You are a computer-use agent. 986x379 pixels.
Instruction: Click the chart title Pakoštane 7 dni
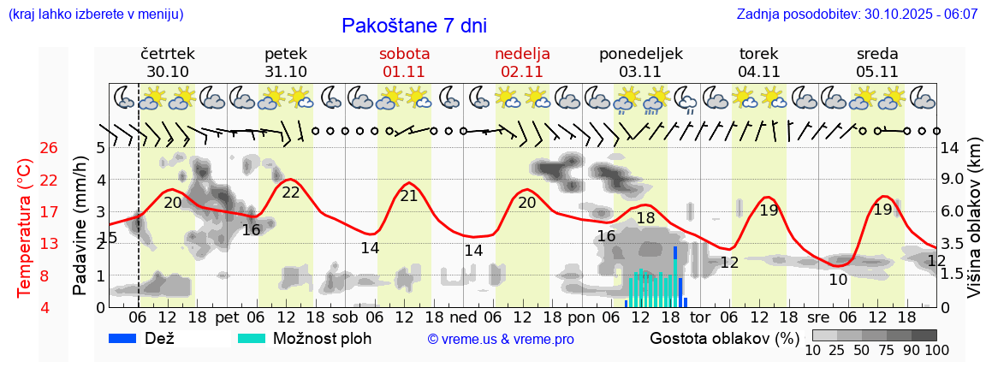413,26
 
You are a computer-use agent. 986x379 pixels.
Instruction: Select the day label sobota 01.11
404,62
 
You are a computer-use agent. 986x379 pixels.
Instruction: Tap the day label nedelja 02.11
522,62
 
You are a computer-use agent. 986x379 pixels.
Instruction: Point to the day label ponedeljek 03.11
641,62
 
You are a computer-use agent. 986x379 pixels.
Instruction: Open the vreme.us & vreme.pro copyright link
501,340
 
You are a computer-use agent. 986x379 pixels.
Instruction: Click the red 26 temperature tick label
26,148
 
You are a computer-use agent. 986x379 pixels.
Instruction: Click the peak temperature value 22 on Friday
291,192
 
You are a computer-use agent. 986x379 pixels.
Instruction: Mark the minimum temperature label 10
838,280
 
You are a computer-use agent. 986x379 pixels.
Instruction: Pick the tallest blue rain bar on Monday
675,275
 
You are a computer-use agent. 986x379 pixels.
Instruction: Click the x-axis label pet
227,317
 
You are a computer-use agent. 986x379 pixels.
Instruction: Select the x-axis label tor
700,317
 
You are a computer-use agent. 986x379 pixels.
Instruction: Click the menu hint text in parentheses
95,15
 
